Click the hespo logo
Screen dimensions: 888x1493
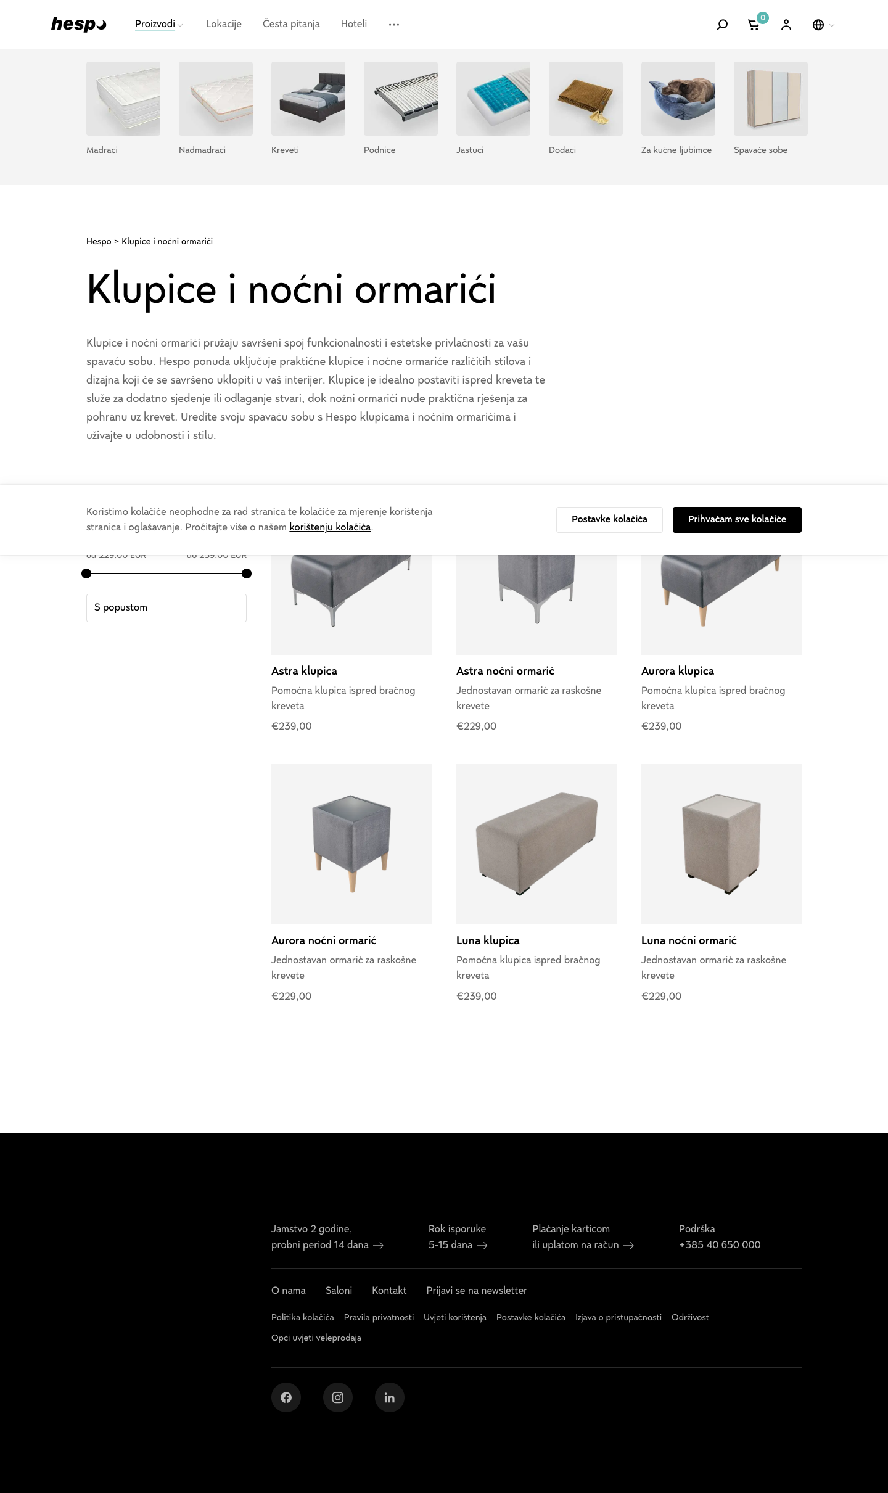pos(78,24)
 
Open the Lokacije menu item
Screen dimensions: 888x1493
pos(224,24)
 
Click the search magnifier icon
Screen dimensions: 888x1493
pos(722,25)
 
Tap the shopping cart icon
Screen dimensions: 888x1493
pos(754,25)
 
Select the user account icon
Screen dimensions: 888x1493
pos(786,25)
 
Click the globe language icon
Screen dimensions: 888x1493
pos(818,25)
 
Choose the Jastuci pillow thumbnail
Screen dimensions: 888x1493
pos(493,99)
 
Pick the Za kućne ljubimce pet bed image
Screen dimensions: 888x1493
pos(678,99)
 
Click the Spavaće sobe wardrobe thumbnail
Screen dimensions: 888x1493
pos(771,99)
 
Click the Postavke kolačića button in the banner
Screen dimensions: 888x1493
pos(609,520)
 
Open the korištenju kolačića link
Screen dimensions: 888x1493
pos(330,527)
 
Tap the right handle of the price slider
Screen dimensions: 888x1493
pos(247,574)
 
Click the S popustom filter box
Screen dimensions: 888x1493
pos(166,608)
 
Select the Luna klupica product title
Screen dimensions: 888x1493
pos(488,940)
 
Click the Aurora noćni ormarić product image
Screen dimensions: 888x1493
pos(351,844)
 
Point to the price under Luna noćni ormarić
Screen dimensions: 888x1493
pos(661,996)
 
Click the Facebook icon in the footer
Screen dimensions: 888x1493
pos(286,1397)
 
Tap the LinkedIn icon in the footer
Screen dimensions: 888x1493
pos(390,1397)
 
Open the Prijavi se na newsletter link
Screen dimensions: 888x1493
pos(477,1291)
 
